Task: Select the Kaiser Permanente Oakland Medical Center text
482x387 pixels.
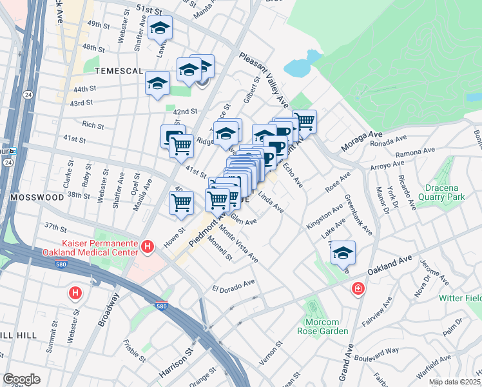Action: pyautogui.click(x=90, y=248)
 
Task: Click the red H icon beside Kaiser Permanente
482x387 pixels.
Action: pyautogui.click(x=148, y=246)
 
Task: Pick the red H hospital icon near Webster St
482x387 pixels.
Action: pyautogui.click(x=75, y=293)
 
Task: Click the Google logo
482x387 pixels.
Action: pyautogui.click(x=21, y=379)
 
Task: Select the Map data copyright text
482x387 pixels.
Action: pyautogui.click(x=454, y=382)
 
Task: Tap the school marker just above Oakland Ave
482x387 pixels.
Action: pyautogui.click(x=343, y=253)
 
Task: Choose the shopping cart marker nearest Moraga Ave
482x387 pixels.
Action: pyautogui.click(x=304, y=121)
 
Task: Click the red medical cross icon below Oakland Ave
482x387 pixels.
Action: pyautogui.click(x=357, y=290)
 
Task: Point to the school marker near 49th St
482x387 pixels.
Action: pyautogui.click(x=160, y=29)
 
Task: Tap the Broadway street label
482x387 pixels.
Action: pyautogui.click(x=110, y=310)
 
